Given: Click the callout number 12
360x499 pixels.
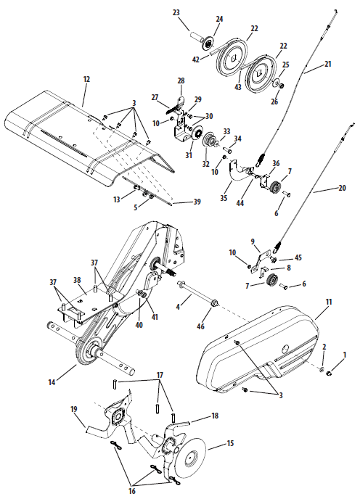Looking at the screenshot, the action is [86, 79].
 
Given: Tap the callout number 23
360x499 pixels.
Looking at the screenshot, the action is [176, 13].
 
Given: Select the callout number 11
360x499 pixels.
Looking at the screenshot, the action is [329, 302].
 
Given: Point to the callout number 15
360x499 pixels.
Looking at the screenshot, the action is [230, 443].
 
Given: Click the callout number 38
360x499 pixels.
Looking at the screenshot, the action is [78, 280].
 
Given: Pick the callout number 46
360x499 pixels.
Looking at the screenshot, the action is [201, 326].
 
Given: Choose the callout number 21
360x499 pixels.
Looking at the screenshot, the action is [328, 64].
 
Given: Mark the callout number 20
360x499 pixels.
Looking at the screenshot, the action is [342, 188].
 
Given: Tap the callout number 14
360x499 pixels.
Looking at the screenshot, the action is [52, 382].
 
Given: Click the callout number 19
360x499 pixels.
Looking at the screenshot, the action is [74, 409].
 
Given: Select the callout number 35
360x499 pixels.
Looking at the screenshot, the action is [224, 197].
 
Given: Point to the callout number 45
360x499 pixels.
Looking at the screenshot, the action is [298, 257].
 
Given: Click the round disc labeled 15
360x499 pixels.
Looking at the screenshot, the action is [191, 458].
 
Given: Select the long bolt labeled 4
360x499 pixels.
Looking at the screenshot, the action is [197, 294].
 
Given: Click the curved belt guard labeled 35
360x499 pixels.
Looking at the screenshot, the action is [238, 172].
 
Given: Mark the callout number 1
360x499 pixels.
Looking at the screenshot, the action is [345, 355].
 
